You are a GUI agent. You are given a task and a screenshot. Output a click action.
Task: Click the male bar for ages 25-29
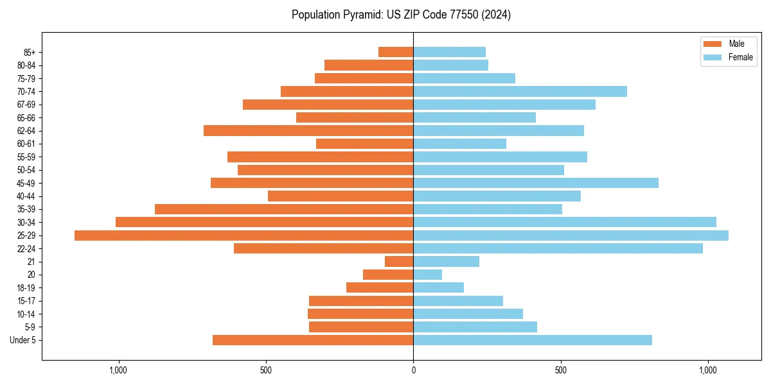pos(244,235)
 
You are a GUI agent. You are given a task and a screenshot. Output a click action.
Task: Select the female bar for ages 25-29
pos(571,235)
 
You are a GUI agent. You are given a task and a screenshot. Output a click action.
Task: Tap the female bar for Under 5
pos(533,340)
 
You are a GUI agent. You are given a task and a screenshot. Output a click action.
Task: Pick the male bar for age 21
pos(399,262)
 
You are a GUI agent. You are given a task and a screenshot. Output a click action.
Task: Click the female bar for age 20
pos(428,275)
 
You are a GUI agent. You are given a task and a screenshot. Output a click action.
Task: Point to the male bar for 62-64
pos(308,131)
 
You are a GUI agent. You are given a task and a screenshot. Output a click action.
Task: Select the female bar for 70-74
pos(520,92)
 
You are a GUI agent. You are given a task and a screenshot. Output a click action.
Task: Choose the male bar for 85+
pos(396,52)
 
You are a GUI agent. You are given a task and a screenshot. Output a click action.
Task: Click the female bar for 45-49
pos(536,183)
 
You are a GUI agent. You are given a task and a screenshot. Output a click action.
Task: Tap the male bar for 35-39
pos(284,209)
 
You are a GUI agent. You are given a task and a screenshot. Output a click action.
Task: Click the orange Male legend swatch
pos(713,44)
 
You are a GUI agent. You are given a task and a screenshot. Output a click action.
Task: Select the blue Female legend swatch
pos(713,57)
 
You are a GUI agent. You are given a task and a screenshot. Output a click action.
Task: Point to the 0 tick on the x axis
pos(413,370)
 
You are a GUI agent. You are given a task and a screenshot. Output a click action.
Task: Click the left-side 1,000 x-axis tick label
pos(118,370)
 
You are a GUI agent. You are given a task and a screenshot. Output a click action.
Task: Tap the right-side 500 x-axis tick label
pos(561,370)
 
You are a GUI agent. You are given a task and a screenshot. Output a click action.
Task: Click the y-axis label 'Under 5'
pos(22,340)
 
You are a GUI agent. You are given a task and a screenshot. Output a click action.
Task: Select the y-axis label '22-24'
pos(26,249)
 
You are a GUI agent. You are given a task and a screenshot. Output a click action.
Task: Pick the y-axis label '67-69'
pos(26,105)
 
